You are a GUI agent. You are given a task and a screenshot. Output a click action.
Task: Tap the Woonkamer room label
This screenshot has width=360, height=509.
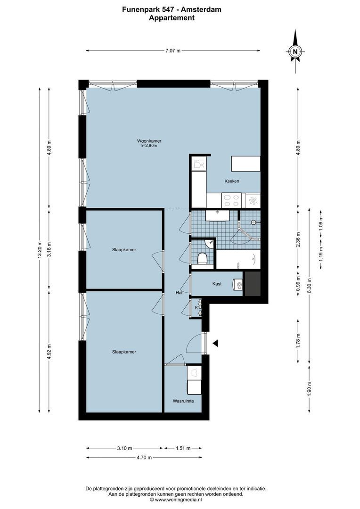pyautogui.click(x=149, y=141)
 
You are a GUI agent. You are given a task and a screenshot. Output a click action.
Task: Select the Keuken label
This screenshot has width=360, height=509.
pyautogui.click(x=232, y=181)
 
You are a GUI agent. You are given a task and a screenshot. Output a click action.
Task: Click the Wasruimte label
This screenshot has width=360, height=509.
pyautogui.click(x=183, y=401)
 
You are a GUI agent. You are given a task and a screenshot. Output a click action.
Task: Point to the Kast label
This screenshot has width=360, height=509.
pyautogui.click(x=217, y=284)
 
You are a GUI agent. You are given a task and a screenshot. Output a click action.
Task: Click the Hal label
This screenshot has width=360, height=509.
pyautogui.click(x=179, y=293)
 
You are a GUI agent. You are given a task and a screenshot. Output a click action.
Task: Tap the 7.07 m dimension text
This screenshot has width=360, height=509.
pyautogui.click(x=172, y=51)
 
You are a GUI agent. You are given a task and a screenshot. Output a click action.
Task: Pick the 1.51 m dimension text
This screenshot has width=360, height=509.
pyautogui.click(x=183, y=448)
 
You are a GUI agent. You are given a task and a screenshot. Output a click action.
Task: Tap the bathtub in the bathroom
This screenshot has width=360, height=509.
pyautogui.click(x=237, y=259)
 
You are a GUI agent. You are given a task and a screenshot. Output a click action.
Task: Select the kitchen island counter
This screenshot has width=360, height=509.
pyautogui.click(x=245, y=164)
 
